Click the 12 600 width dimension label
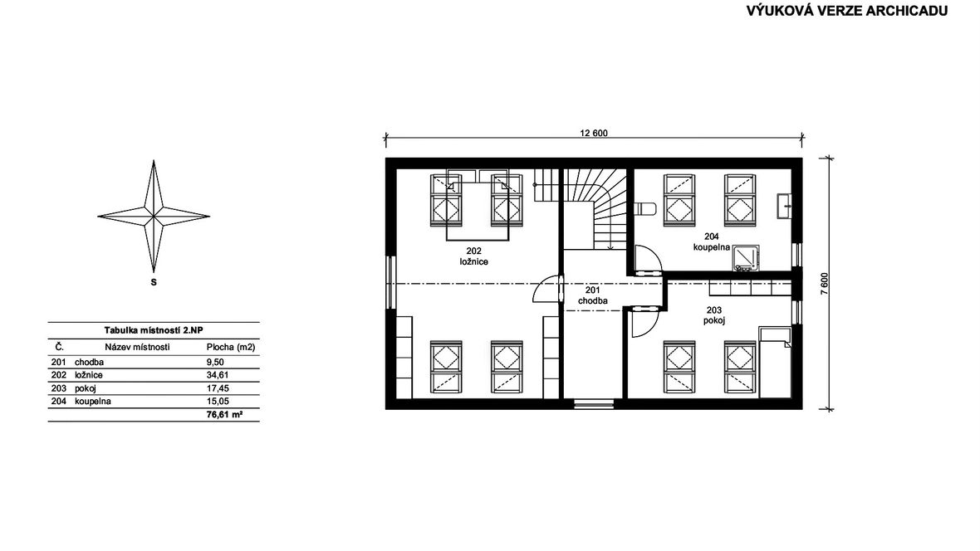pyautogui.click(x=593, y=133)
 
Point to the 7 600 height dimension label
pyautogui.click(x=824, y=284)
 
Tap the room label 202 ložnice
pyautogui.click(x=473, y=256)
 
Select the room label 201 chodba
pyautogui.click(x=592, y=295)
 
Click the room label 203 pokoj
pyautogui.click(x=713, y=315)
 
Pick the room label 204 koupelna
pyautogui.click(x=711, y=241)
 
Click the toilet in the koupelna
pyautogui.click(x=644, y=208)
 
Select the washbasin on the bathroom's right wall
pyautogui.click(x=784, y=206)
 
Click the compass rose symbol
pyautogui.click(x=153, y=217)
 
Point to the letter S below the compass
pyautogui.click(x=153, y=282)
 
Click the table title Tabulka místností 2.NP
pyautogui.click(x=154, y=330)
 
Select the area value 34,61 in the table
pyautogui.click(x=215, y=375)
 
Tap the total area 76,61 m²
pyautogui.click(x=224, y=414)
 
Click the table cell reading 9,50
pyautogui.click(x=215, y=362)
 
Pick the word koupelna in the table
pyautogui.click(x=92, y=402)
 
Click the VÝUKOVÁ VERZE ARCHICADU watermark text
pyautogui.click(x=847, y=11)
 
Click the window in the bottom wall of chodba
pyautogui.click(x=594, y=403)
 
